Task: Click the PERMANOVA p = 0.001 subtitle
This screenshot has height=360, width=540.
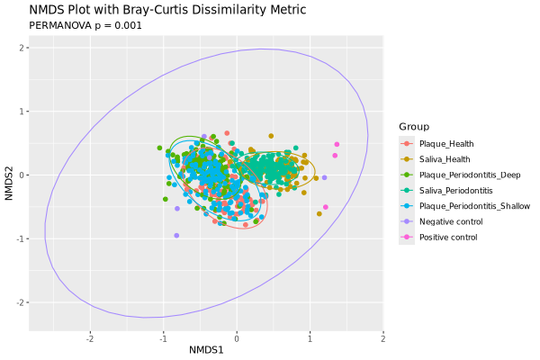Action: [x=85, y=26]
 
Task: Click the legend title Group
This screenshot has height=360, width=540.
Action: [x=414, y=127]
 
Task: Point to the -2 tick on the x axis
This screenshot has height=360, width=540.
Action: [x=89, y=338]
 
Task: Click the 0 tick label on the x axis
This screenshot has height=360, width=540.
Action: [x=237, y=338]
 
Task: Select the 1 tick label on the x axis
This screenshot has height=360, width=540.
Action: [x=310, y=338]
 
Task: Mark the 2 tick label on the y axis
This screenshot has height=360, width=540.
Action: [x=22, y=48]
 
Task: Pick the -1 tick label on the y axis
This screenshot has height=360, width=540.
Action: [x=20, y=238]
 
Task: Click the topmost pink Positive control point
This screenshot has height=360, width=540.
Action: [x=337, y=144]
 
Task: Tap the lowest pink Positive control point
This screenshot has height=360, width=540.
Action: [x=325, y=207]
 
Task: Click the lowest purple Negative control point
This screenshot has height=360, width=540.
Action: [x=176, y=235]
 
